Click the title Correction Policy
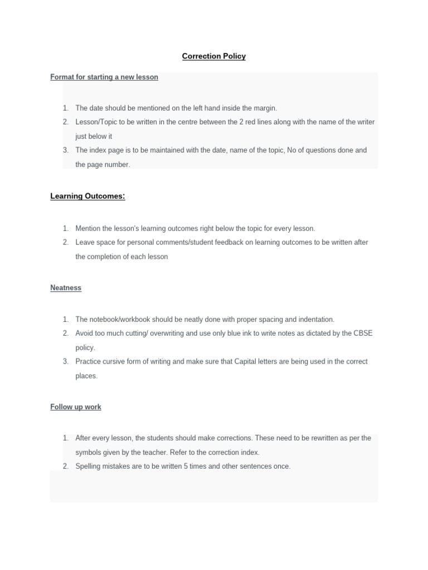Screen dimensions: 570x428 pyautogui.click(x=214, y=56)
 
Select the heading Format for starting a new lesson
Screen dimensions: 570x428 pyautogui.click(x=104, y=77)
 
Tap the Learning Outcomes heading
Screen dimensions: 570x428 pyautogui.click(x=87, y=196)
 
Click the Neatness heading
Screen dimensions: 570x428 pyautogui.click(x=66, y=288)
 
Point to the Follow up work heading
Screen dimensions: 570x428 pyautogui.click(x=76, y=407)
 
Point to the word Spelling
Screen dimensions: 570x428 pyautogui.click(x=89, y=466)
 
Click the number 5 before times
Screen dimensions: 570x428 pyautogui.click(x=186, y=466)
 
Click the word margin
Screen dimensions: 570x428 pyautogui.click(x=264, y=108)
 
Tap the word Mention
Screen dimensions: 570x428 pyautogui.click(x=88, y=229)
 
